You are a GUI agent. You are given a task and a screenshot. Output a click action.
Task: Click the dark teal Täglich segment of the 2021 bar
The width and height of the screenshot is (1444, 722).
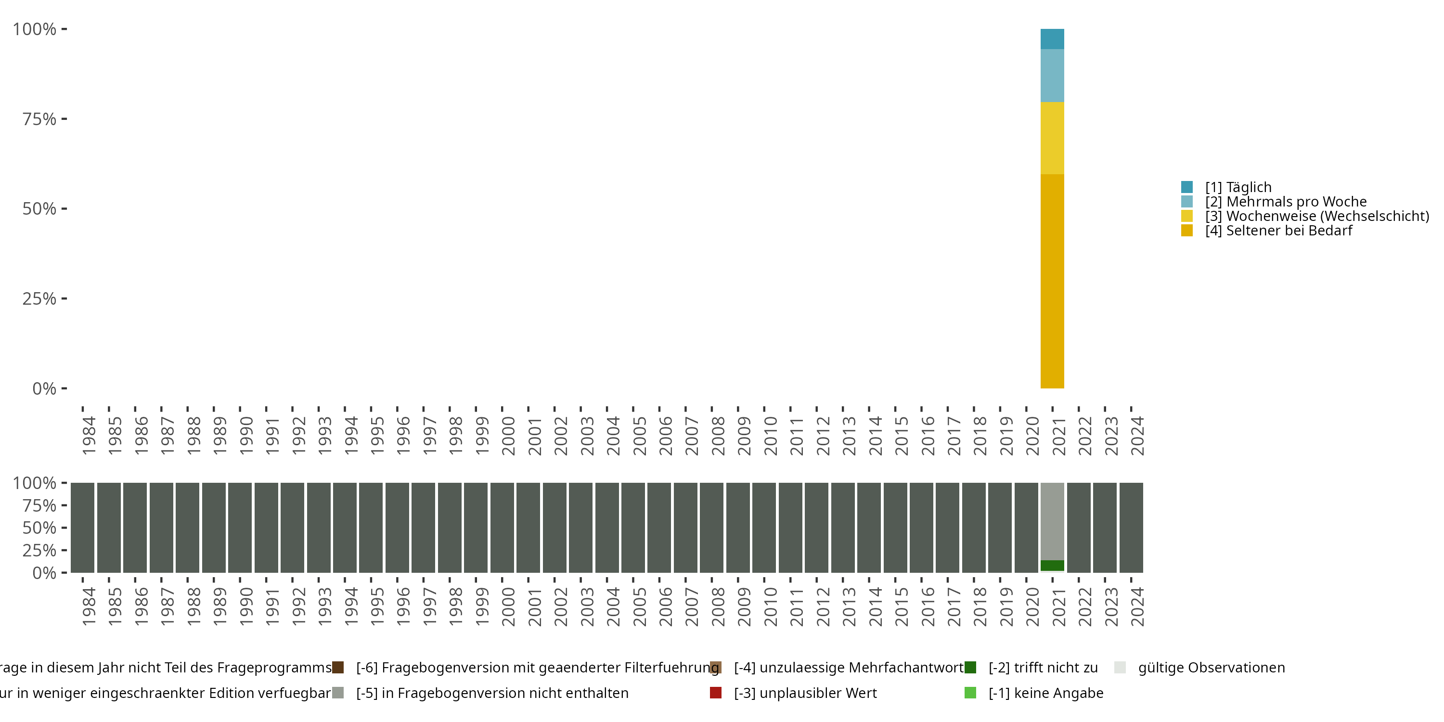(x=1052, y=39)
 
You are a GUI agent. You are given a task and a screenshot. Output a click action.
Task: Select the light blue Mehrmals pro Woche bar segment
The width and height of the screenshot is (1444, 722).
(x=1052, y=75)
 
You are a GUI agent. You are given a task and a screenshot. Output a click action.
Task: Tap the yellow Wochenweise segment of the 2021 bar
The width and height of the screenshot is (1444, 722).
(x=1052, y=138)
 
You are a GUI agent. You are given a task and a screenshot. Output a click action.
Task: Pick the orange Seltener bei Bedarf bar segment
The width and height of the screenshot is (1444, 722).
(x=1052, y=281)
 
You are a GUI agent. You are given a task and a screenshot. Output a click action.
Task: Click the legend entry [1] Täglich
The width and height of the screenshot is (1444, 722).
(x=1238, y=187)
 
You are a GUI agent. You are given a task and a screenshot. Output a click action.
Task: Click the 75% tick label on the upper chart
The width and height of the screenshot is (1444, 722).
(x=39, y=119)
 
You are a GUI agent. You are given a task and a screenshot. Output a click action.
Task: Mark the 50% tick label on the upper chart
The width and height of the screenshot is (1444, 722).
(x=39, y=209)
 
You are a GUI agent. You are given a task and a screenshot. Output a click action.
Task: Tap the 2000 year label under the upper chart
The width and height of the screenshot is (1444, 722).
(x=508, y=436)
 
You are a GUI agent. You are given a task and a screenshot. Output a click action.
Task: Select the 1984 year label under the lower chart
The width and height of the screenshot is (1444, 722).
(x=89, y=606)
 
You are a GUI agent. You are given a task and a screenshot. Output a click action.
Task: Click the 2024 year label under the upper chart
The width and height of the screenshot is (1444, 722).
(x=1137, y=436)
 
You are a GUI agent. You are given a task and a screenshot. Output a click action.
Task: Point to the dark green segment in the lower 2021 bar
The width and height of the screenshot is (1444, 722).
(x=1052, y=566)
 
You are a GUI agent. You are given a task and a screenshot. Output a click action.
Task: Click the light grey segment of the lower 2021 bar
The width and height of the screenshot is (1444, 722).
(x=1052, y=521)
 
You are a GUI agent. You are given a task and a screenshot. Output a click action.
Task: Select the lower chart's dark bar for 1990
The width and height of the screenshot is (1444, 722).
(x=240, y=528)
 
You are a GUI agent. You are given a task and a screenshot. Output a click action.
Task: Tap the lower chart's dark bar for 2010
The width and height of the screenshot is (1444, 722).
(x=764, y=528)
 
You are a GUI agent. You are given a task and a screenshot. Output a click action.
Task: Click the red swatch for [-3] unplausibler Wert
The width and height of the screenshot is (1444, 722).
(x=715, y=693)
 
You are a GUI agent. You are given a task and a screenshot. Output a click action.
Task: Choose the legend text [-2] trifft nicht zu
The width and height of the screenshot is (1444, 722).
(x=1043, y=668)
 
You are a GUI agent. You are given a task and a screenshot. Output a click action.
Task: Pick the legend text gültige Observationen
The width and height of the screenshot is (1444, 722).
(x=1212, y=668)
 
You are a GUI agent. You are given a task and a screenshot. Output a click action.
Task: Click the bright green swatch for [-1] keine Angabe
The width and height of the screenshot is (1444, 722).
(x=970, y=693)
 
